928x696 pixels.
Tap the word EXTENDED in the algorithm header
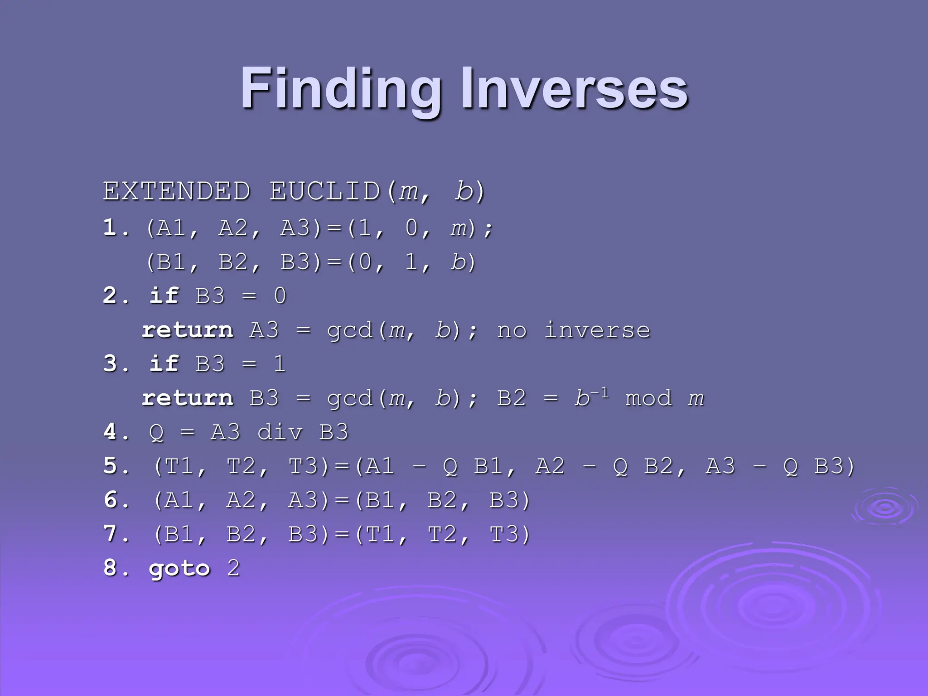pyautogui.click(x=177, y=191)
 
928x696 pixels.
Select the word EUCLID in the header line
pyautogui.click(x=325, y=191)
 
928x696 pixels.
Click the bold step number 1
pyautogui.click(x=110, y=227)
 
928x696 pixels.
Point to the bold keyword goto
pyautogui.click(x=179, y=569)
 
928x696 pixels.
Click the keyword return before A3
pyautogui.click(x=188, y=330)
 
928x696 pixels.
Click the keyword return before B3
pyautogui.click(x=188, y=398)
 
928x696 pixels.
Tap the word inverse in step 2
pyautogui.click(x=597, y=330)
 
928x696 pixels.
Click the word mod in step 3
pyautogui.click(x=648, y=399)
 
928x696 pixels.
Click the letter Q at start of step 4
pyautogui.click(x=156, y=433)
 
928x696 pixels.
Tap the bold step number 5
pyautogui.click(x=110, y=466)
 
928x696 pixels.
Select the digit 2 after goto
pyautogui.click(x=233, y=568)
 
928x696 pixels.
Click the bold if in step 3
pyautogui.click(x=164, y=363)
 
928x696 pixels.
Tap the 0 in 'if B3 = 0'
pyautogui.click(x=280, y=296)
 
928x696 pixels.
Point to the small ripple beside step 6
pyautogui.click(x=884, y=507)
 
